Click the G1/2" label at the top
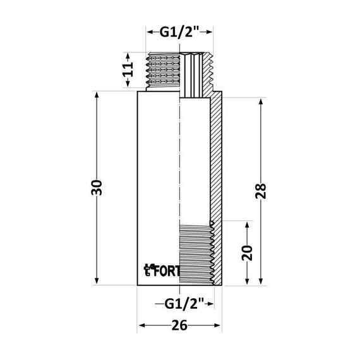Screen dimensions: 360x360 tap(180, 33)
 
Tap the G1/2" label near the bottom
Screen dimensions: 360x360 tap(182, 304)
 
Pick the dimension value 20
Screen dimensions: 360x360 tap(248, 253)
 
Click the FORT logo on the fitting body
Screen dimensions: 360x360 tap(163, 270)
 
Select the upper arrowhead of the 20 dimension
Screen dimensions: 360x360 tap(248, 224)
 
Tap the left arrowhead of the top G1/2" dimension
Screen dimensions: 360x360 tap(150, 33)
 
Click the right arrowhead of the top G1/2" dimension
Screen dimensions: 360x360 tap(210, 33)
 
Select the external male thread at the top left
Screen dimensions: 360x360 tap(163, 73)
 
